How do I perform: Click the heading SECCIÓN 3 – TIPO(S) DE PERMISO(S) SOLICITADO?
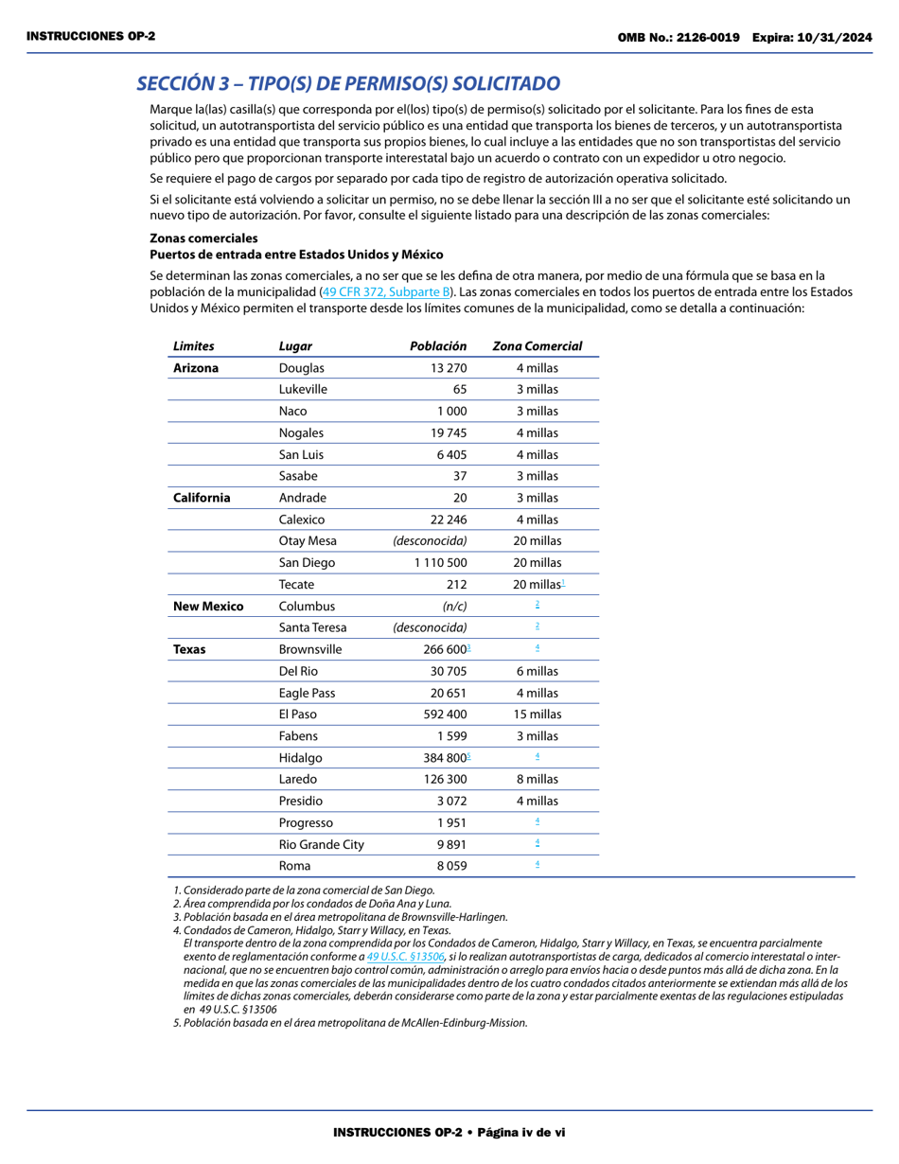click(348, 83)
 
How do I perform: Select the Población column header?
click(438, 346)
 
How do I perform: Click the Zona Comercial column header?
click(538, 346)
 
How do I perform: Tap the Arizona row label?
click(196, 368)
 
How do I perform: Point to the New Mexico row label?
click(208, 607)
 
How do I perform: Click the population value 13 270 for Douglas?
click(449, 368)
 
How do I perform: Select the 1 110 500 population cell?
click(440, 563)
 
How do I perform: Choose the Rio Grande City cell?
click(321, 844)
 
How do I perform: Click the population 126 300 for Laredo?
click(445, 779)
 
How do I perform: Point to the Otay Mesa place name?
click(308, 541)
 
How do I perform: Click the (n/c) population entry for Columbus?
click(454, 607)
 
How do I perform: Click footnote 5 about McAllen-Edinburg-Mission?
click(350, 1023)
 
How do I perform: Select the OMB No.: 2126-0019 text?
click(679, 37)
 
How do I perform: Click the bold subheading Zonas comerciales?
click(203, 238)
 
